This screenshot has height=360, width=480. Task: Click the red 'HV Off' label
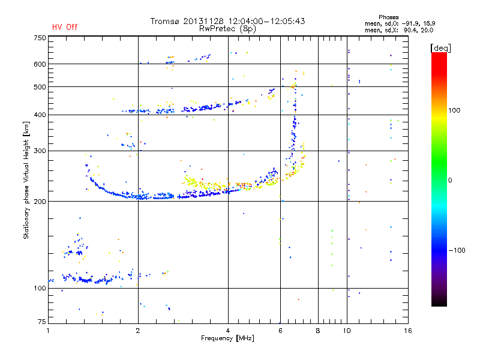click(x=64, y=27)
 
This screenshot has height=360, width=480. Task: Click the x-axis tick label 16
click(x=407, y=331)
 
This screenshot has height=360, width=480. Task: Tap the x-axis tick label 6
click(x=280, y=331)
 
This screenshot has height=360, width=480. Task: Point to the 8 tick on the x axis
click(x=318, y=331)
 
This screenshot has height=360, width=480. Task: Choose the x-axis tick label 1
click(x=49, y=331)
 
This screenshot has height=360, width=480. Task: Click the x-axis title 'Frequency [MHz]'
click(x=227, y=338)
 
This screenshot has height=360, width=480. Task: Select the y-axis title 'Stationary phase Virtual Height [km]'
click(x=26, y=180)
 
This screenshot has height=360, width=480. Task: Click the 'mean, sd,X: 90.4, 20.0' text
click(x=398, y=30)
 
